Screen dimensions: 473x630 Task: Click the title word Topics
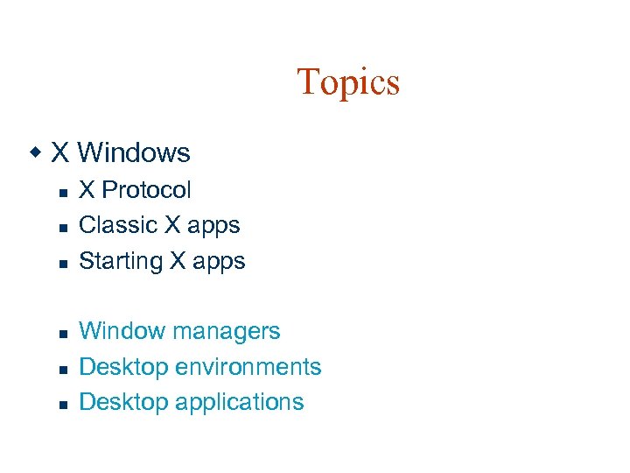pyautogui.click(x=348, y=82)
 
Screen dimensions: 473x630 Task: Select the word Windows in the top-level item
pyautogui.click(x=134, y=153)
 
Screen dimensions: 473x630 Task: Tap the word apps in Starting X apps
pyautogui.click(x=218, y=262)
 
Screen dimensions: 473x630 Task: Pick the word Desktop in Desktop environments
pyautogui.click(x=123, y=367)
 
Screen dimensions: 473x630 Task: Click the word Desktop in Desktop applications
pyautogui.click(x=123, y=402)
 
